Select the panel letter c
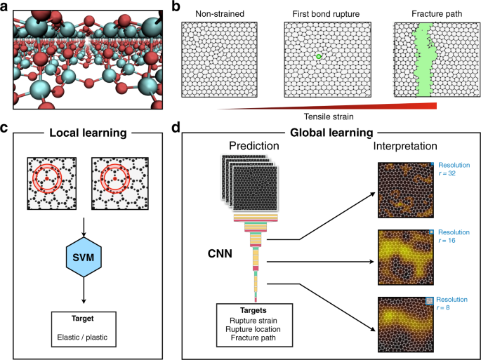tap(5, 128)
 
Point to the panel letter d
tap(176, 128)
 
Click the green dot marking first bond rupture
tap(318, 56)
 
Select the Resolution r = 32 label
tap(454, 171)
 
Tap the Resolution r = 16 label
tap(454, 236)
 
